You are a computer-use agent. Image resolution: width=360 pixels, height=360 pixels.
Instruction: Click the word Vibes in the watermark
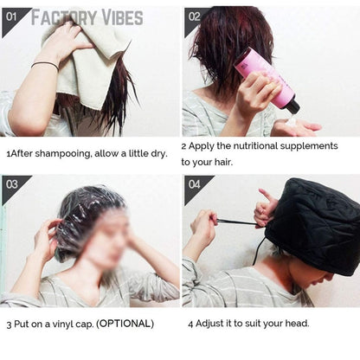click(126, 16)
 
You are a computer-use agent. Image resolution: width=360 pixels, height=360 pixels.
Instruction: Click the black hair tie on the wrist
click(45, 65)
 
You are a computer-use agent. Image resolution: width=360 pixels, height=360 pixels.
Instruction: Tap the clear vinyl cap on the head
click(82, 216)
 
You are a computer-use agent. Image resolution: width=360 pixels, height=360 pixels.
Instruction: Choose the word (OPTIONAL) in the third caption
click(125, 324)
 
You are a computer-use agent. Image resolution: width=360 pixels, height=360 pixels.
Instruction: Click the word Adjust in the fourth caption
click(214, 324)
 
